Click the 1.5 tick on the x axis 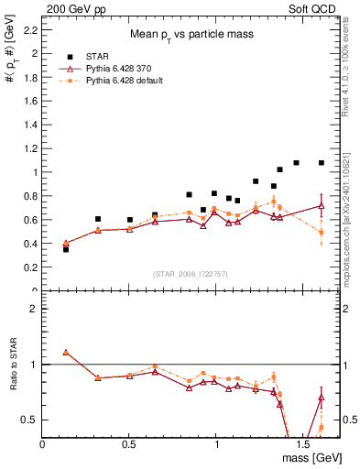pos(302,443)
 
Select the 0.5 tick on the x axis pos(129,443)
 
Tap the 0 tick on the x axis pos(43,443)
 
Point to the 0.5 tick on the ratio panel pos(30,420)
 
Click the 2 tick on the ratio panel pos(35,309)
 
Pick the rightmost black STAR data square pos(322,163)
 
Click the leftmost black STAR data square pos(66,249)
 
